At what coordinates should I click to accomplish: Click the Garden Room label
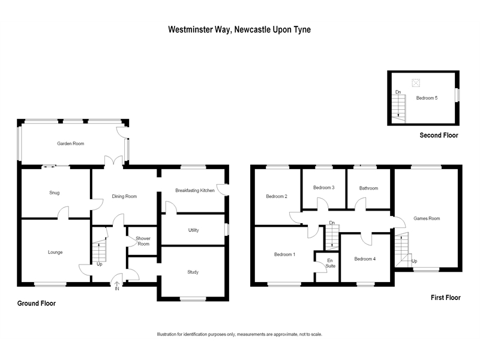tap(71, 144)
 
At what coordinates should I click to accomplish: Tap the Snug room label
tap(58, 193)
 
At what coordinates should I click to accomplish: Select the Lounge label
tap(55, 252)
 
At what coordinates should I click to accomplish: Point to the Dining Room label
tap(124, 196)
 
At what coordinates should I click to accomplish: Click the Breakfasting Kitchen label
tap(195, 190)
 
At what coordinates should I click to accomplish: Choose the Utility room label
tap(193, 230)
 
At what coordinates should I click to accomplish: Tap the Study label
tap(192, 272)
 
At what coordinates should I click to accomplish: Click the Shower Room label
tap(143, 241)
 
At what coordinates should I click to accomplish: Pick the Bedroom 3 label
tap(324, 188)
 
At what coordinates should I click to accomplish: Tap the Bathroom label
tap(368, 188)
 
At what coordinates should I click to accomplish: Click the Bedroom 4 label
tap(365, 259)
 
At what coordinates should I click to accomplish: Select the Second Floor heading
tap(439, 136)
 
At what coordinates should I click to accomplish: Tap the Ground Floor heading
tap(36, 304)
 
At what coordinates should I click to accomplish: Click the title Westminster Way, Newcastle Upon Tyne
tap(239, 28)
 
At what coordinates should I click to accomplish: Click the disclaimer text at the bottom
tap(239, 334)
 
